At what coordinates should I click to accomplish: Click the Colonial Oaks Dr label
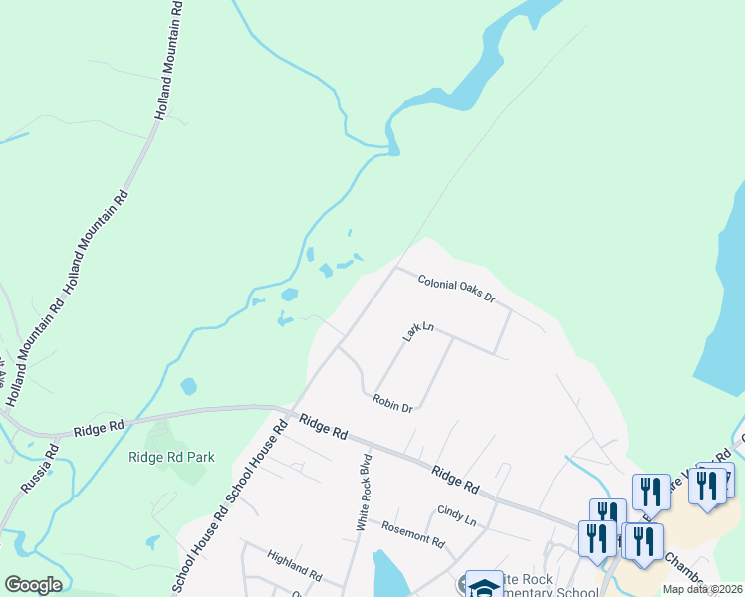pos(456,290)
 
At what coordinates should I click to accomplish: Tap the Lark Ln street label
pos(419,331)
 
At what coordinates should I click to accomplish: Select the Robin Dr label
pos(392,402)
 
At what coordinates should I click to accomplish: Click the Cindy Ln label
pos(457,515)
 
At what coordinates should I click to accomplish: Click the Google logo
pos(33,585)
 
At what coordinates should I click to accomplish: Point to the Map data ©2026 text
pos(702,589)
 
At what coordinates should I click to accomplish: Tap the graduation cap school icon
pos(485,585)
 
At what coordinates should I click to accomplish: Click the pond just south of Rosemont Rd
pos(388,573)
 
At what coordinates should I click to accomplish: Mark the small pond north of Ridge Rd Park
pos(188,386)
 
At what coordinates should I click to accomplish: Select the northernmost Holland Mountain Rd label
pos(170,60)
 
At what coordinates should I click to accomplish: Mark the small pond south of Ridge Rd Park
pos(151,542)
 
